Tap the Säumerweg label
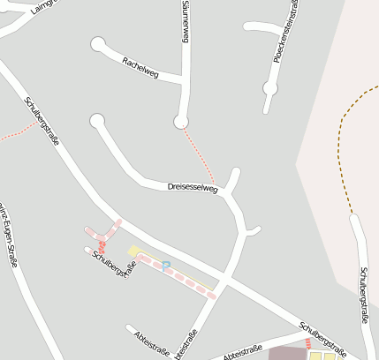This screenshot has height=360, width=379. (186, 21)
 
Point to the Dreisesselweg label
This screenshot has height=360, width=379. (193, 188)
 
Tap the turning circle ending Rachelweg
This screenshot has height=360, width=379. (97, 42)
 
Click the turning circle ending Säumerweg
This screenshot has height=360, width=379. (182, 121)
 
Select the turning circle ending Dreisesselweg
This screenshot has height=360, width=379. (97, 121)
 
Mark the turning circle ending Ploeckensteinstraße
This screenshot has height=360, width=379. (270, 88)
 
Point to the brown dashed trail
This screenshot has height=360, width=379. (342, 150)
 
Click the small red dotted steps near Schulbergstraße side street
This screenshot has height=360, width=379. (102, 247)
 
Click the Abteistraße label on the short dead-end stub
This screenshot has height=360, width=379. (148, 342)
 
